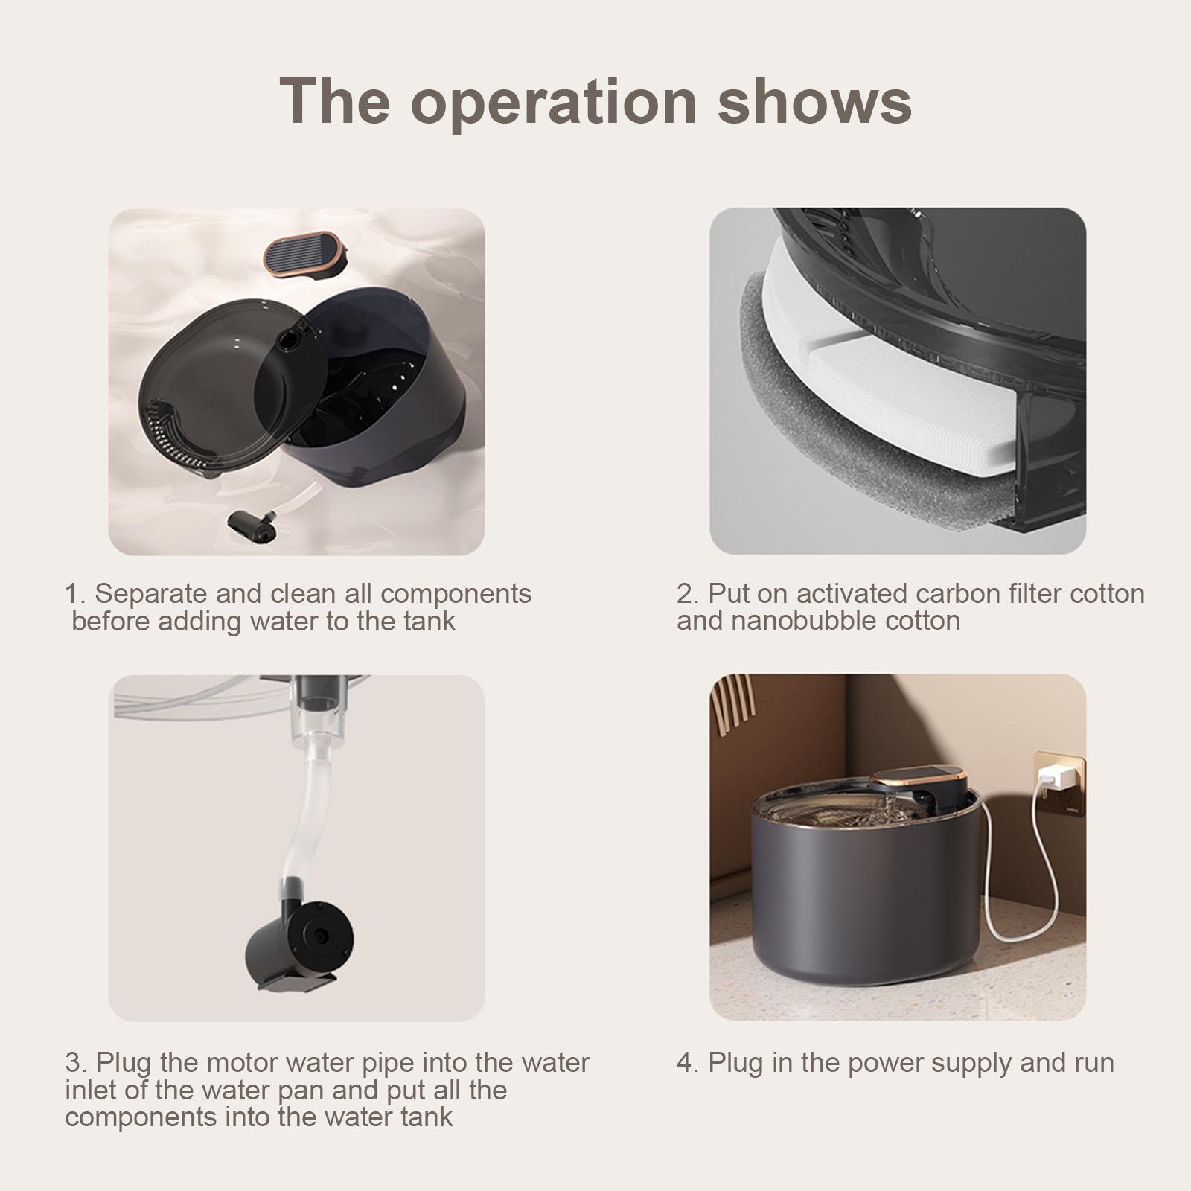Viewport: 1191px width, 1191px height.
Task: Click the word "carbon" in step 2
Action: tap(957, 594)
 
